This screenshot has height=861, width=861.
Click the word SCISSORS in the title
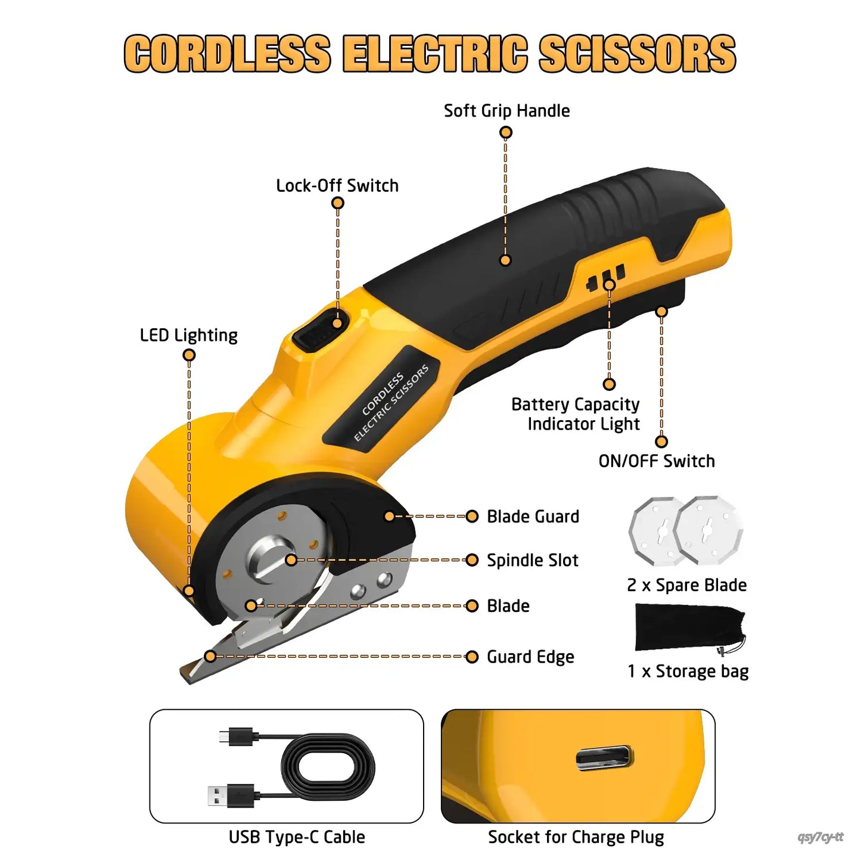[x=637, y=54]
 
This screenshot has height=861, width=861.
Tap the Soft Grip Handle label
[x=506, y=111]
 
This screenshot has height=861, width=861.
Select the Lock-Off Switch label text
[x=337, y=186]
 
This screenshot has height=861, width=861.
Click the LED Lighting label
[x=188, y=335]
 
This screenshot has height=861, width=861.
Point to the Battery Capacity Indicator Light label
[x=576, y=414]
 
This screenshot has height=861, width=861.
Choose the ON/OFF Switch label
[x=657, y=461]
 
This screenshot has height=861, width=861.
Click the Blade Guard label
[x=533, y=517]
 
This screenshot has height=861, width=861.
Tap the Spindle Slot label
[x=532, y=561]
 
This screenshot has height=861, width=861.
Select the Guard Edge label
[x=530, y=657]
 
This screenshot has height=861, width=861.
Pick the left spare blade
[x=655, y=530]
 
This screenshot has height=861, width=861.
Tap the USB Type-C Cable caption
[x=297, y=837]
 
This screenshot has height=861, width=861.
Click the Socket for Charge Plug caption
[x=576, y=837]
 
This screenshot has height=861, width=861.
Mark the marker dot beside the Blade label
[x=472, y=606]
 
